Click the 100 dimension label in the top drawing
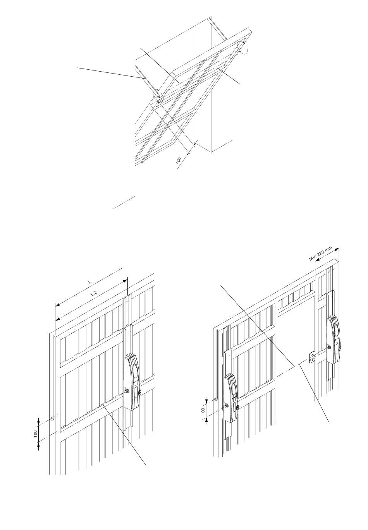pos(178,160)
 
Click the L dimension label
pos(90,282)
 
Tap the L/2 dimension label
pos(94,293)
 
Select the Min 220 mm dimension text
pos(321,254)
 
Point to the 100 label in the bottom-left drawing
pos(35,433)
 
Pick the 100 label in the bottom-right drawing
pos(203,411)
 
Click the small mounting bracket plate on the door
pos(312,357)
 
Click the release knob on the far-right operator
pos(340,349)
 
